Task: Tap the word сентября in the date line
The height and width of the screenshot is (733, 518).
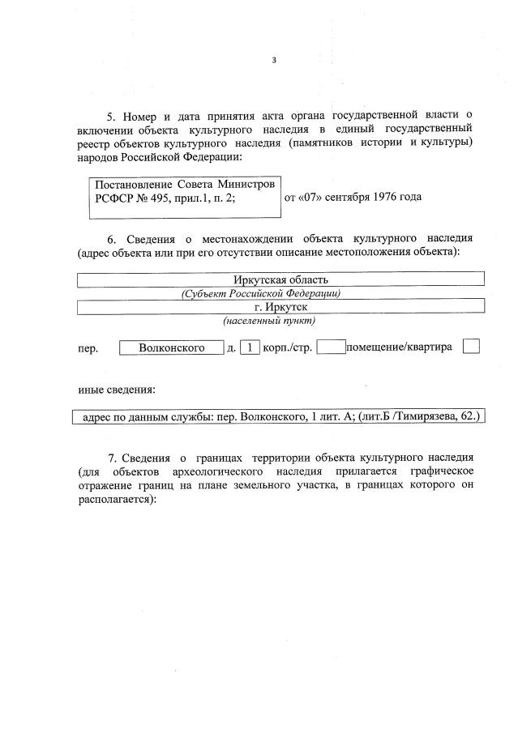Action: pyautogui.click(x=341, y=197)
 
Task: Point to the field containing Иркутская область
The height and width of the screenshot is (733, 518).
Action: pyautogui.click(x=280, y=279)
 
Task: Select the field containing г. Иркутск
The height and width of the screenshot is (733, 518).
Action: pyautogui.click(x=280, y=307)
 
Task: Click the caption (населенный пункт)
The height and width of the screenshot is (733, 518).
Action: pyautogui.click(x=269, y=321)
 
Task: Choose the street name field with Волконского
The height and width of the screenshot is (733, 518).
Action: pyautogui.click(x=171, y=348)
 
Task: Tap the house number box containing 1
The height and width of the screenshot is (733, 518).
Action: pyautogui.click(x=250, y=348)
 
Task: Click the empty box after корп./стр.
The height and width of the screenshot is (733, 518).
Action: pyautogui.click(x=332, y=347)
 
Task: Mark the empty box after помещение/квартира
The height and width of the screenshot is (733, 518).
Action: pyautogui.click(x=471, y=347)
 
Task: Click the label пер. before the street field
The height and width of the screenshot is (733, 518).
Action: pyautogui.click(x=88, y=349)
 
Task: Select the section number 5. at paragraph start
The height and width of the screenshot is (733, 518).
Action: pyautogui.click(x=113, y=116)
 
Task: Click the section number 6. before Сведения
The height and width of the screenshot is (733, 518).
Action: pyautogui.click(x=112, y=239)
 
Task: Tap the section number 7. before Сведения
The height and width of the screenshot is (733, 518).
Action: pyautogui.click(x=113, y=458)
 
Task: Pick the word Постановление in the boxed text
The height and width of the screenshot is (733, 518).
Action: pyautogui.click(x=130, y=184)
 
